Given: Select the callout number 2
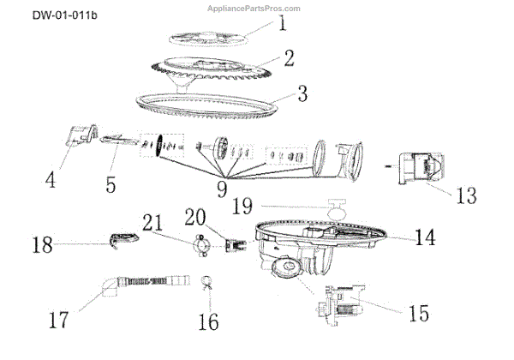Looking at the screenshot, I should pyautogui.click(x=290, y=58).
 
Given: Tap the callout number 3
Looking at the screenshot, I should pyautogui.click(x=302, y=93).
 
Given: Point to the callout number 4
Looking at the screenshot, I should pyautogui.click(x=51, y=180).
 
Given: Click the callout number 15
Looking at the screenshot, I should pyautogui.click(x=419, y=314).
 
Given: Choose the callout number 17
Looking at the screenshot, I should pyautogui.click(x=58, y=320).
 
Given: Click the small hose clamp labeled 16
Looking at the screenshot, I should pyautogui.click(x=206, y=282).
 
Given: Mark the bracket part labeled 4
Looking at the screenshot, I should pyautogui.click(x=82, y=135).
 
